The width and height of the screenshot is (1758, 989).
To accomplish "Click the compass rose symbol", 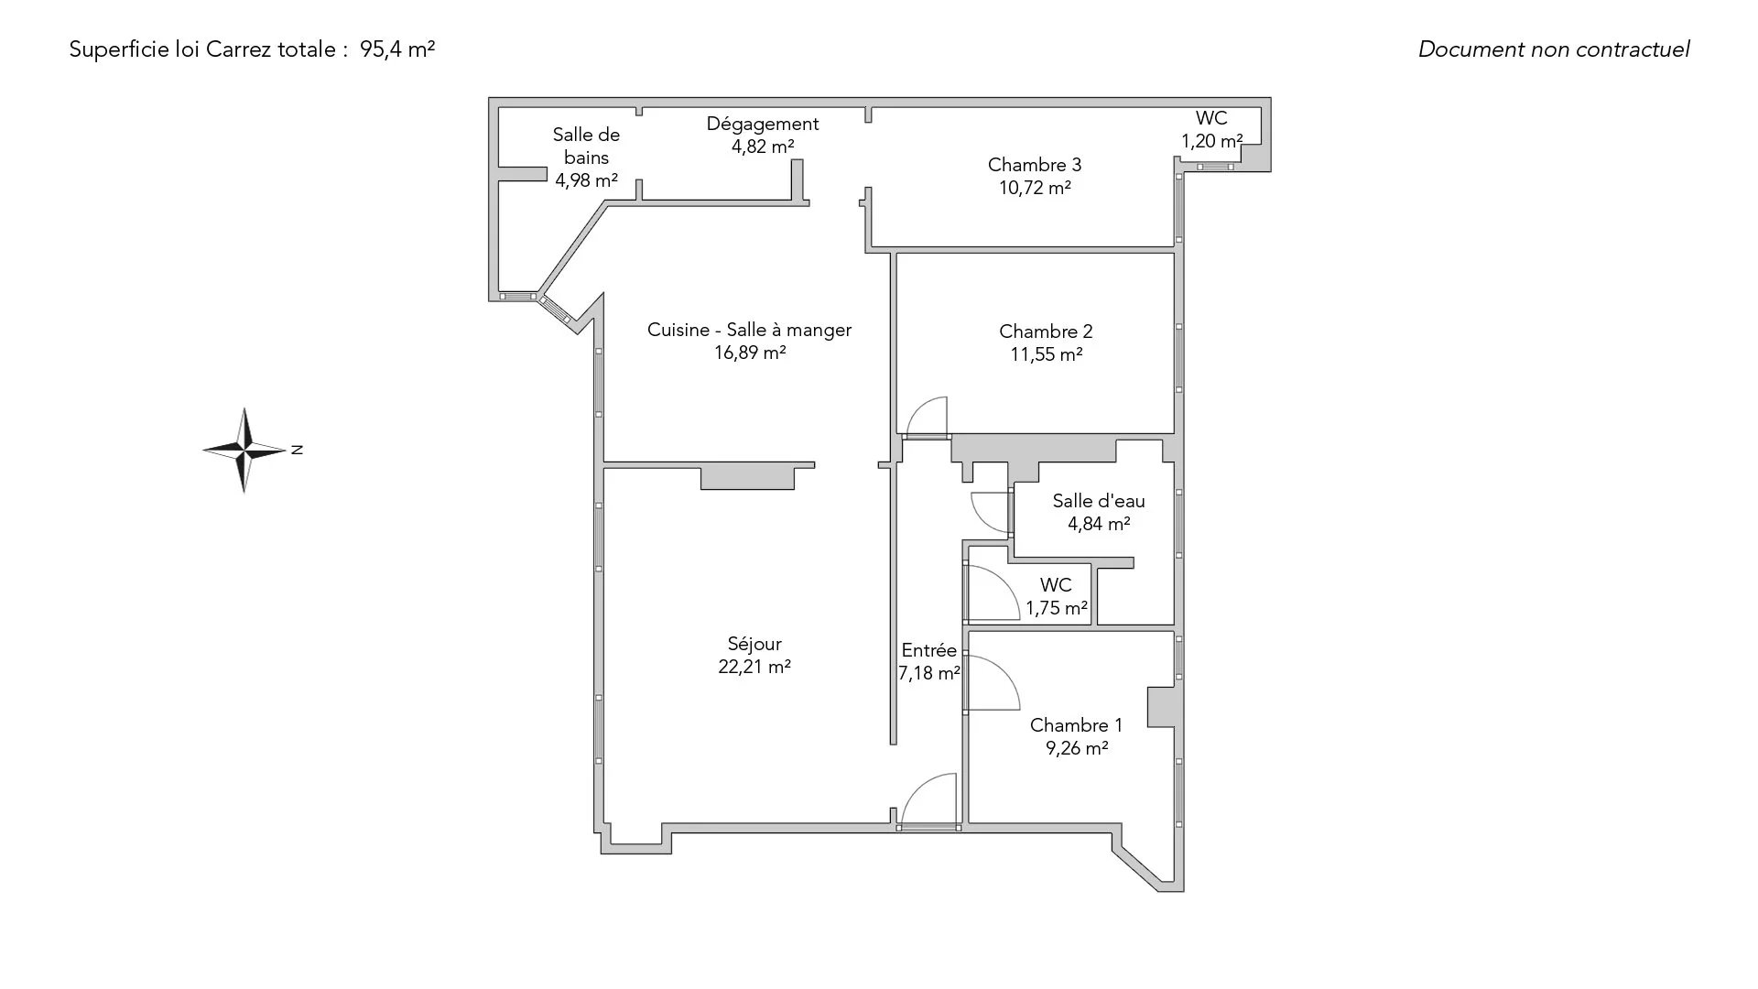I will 244,450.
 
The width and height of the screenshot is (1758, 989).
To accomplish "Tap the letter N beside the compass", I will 297,450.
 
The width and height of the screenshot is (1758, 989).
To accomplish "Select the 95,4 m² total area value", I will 397,49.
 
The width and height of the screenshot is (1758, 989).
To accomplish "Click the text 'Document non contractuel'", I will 1554,49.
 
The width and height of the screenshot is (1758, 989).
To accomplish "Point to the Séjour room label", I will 754,644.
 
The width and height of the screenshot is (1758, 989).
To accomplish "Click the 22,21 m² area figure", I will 754,667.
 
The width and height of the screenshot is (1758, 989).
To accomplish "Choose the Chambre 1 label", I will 1076,725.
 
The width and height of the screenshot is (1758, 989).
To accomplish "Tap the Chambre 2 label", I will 1046,331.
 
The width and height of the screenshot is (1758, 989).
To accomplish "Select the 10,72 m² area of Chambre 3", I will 1035,188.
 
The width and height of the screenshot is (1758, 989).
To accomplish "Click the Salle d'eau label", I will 1098,501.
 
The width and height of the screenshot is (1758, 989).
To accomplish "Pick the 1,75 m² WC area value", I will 1057,608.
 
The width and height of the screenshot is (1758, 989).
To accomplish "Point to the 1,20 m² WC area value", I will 1211,141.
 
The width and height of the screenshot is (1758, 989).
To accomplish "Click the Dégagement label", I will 763,124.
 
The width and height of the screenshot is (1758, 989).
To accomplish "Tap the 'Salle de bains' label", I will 586,146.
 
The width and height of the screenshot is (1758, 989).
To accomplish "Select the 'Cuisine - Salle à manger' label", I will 749,330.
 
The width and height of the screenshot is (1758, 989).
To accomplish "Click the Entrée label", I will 928,650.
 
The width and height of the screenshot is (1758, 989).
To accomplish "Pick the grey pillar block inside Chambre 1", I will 1161,707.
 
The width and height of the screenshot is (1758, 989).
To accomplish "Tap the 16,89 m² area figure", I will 750,353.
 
